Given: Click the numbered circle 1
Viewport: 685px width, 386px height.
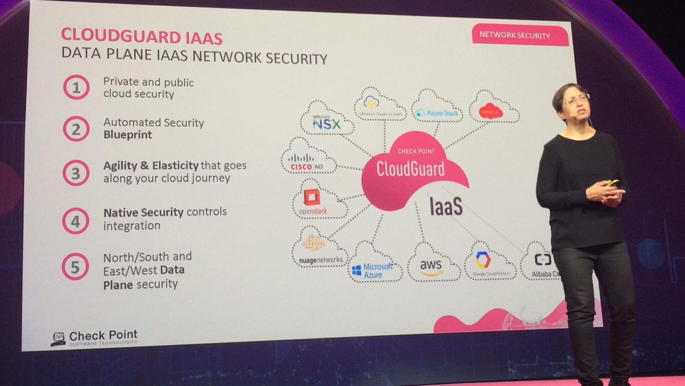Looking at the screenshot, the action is coord(76,87).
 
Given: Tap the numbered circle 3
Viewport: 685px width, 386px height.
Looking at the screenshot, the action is coord(76,173).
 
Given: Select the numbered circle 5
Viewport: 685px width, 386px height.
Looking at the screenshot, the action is coord(75,266).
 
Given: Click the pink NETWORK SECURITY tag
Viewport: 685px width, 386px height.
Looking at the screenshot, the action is coord(520,35).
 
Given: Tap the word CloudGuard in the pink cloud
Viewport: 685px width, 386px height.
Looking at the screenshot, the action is coord(410,168).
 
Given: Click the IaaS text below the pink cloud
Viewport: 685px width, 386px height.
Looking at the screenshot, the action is coord(446,206).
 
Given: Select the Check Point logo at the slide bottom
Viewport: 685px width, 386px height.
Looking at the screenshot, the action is coord(94,337).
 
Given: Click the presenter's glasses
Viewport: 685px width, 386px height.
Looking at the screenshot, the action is coord(576,99).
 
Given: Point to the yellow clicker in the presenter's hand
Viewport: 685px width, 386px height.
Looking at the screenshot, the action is coord(613,182).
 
